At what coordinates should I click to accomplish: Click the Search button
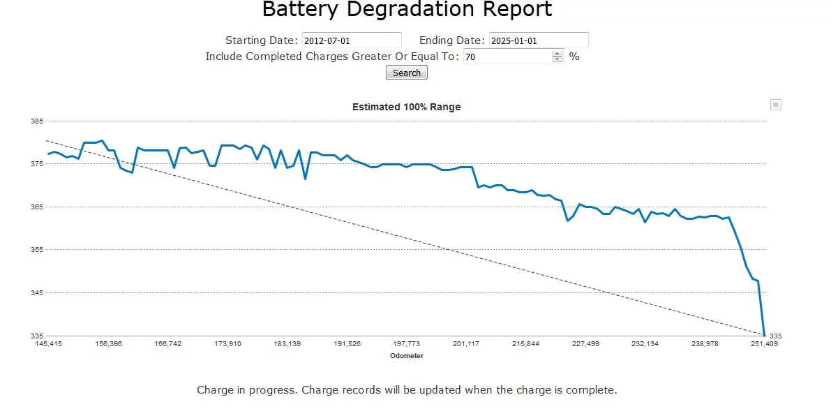point(406,73)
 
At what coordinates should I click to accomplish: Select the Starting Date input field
point(352,40)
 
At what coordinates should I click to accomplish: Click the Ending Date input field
point(538,40)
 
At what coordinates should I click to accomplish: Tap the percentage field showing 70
point(507,57)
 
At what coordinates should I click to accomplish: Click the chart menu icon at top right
point(775,105)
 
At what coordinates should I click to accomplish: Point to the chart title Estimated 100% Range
point(406,107)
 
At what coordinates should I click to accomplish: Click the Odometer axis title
point(406,356)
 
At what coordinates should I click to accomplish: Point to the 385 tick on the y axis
point(37,121)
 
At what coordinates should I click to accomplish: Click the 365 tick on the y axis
point(37,207)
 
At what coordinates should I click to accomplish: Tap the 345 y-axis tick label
point(37,293)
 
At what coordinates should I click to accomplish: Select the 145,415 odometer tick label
point(49,344)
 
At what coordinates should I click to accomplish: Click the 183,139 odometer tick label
point(287,344)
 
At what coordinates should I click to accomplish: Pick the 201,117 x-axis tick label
point(466,344)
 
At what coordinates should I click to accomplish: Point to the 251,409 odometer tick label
point(764,344)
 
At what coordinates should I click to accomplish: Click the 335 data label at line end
point(776,336)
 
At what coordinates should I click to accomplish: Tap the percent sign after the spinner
point(574,57)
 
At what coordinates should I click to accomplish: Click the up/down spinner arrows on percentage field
point(557,57)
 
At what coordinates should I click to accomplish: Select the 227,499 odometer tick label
point(585,344)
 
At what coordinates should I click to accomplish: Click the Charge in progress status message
point(407,390)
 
